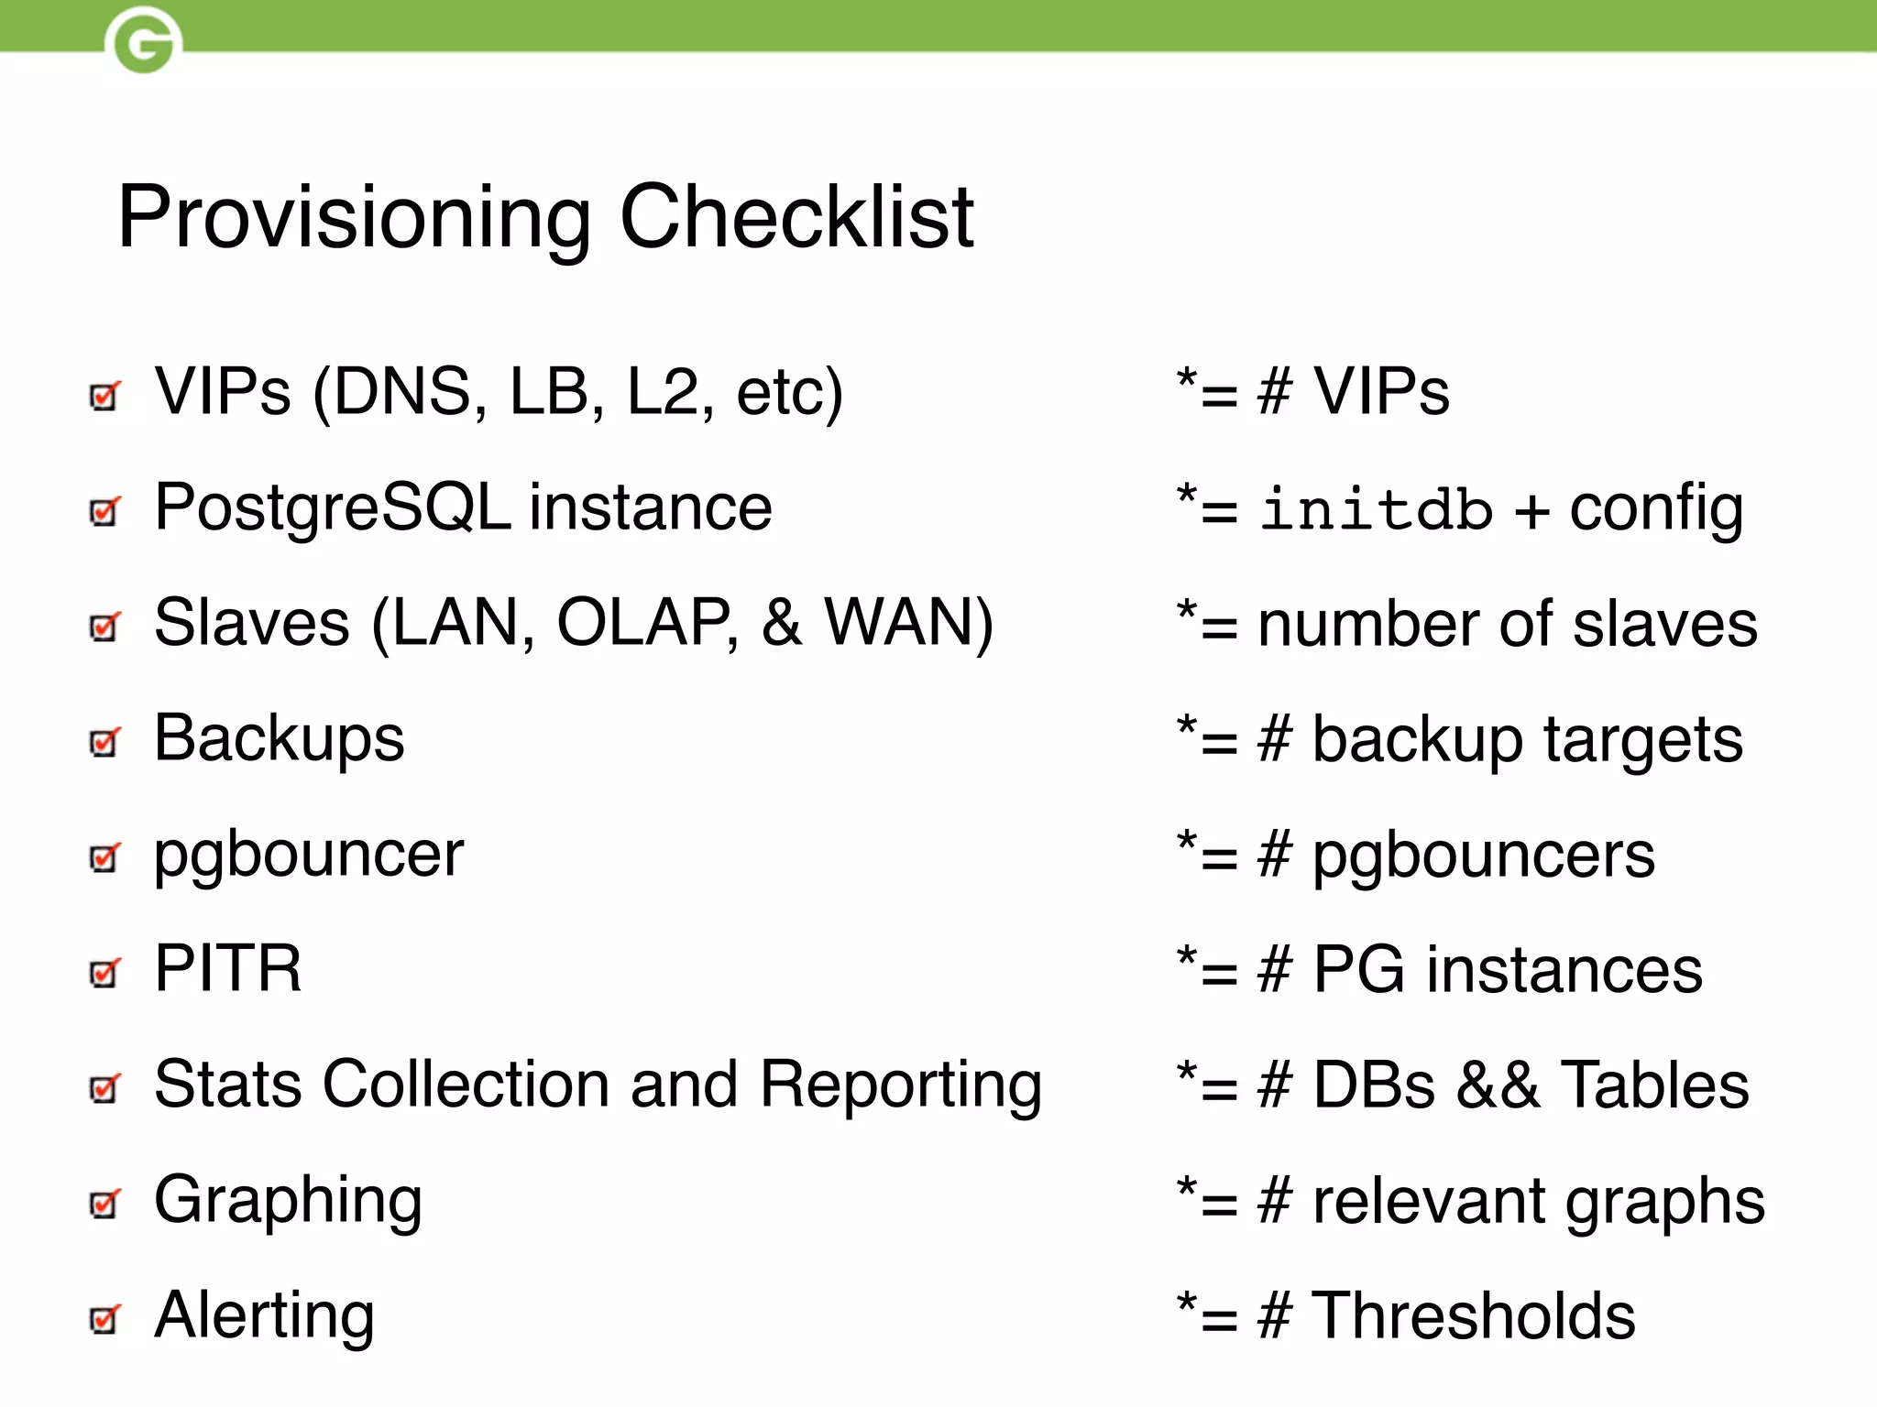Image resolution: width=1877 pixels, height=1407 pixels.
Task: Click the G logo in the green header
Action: [143, 41]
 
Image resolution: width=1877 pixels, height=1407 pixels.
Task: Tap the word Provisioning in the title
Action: [354, 219]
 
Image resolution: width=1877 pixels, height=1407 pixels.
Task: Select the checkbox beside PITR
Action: [104, 972]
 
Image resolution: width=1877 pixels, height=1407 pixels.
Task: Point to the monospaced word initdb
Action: [1376, 509]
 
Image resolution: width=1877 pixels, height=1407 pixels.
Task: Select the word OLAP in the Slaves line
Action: [646, 623]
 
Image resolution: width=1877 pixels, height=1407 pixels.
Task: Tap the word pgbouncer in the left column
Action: [309, 856]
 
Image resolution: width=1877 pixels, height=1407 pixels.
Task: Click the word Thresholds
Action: [1474, 1316]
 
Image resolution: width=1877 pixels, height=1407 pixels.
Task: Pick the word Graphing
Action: [288, 1201]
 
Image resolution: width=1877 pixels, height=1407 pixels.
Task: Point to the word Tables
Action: [1654, 1085]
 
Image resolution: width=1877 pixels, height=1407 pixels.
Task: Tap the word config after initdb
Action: [1656, 509]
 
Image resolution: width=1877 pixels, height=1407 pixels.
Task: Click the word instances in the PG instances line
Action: [1564, 970]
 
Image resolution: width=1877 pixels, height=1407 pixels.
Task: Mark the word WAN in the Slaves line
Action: [907, 623]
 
